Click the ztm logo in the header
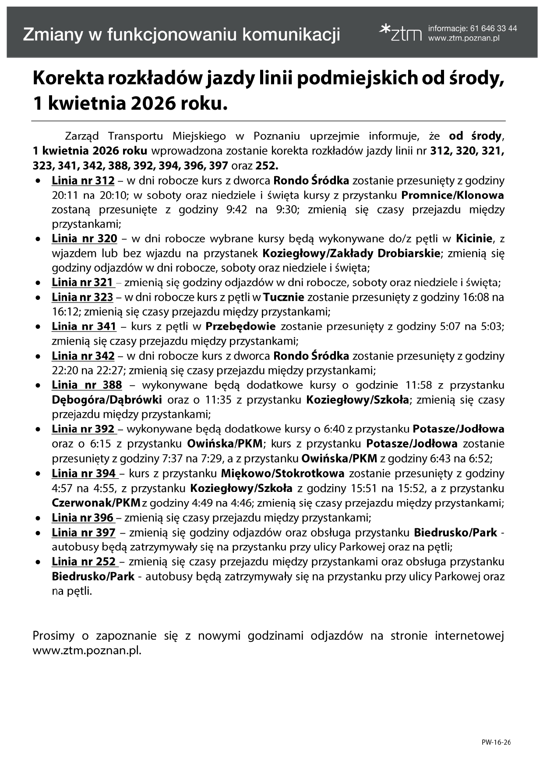[400, 33]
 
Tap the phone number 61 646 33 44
[493, 28]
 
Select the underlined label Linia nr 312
[83, 181]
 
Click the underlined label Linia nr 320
[84, 239]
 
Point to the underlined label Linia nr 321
[82, 282]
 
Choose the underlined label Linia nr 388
[87, 385]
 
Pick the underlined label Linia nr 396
[83, 518]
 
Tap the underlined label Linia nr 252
[84, 562]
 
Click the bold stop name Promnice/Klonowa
[452, 195]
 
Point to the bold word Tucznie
[284, 297]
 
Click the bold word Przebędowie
[240, 327]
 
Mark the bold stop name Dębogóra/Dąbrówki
[107, 400]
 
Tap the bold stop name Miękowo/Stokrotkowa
[282, 474]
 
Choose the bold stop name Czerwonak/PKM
[96, 503]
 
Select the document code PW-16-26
[496, 742]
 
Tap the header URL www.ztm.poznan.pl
[464, 39]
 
